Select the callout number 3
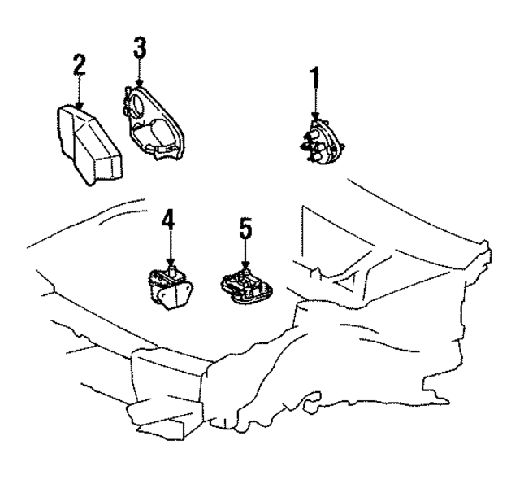click(139, 46)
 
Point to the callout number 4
click(167, 220)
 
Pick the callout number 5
click(245, 229)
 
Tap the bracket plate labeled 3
click(158, 122)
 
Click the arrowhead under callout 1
click(314, 117)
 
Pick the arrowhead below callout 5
click(245, 265)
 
